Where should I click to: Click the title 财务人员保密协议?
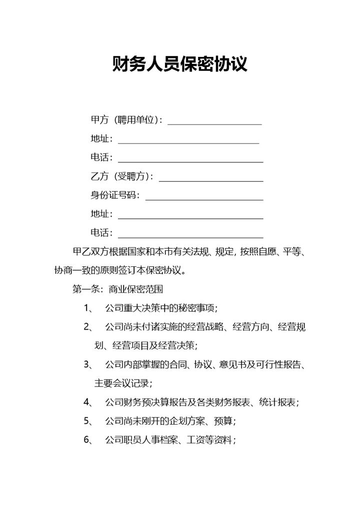(x=180, y=64)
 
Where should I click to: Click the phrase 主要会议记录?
(x=122, y=384)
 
